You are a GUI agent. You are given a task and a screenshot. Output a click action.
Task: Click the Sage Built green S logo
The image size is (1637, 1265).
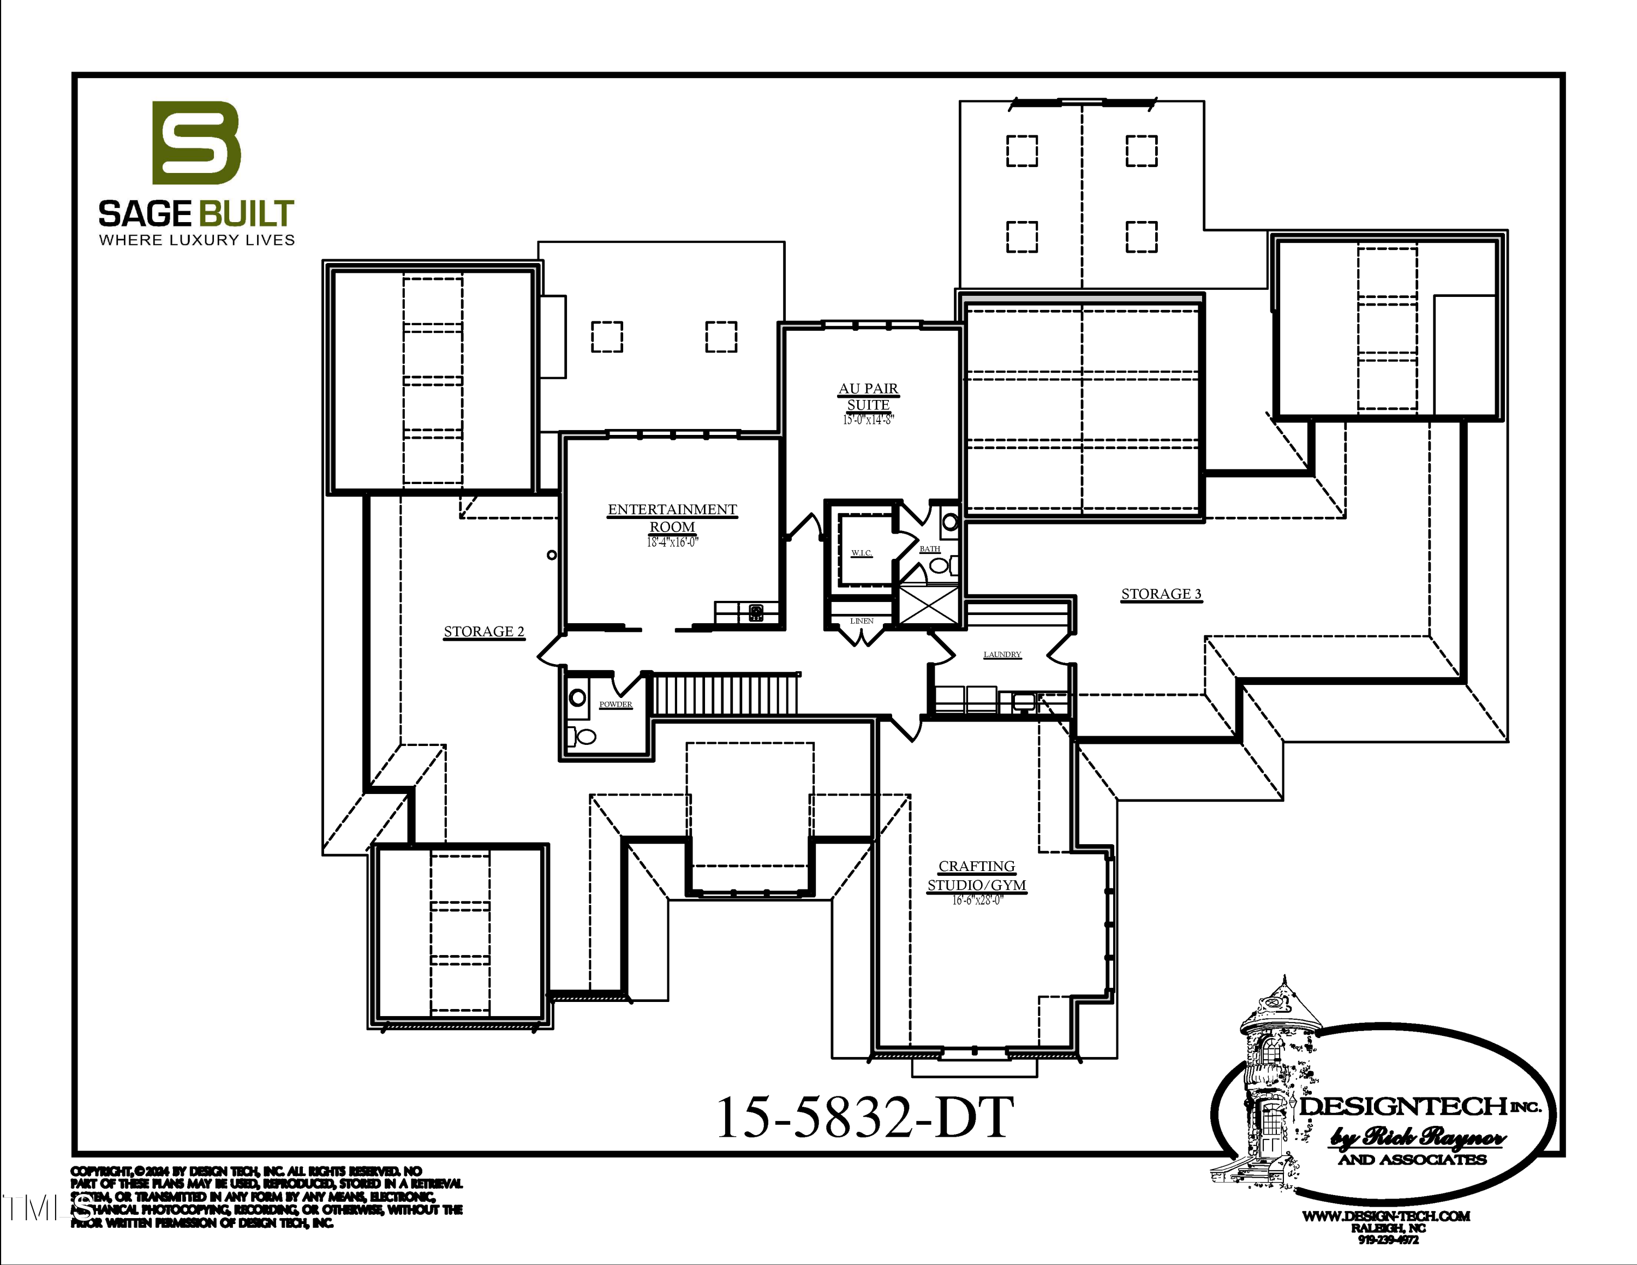click(x=196, y=142)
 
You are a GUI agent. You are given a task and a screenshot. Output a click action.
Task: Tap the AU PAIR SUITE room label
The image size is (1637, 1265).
click(x=868, y=396)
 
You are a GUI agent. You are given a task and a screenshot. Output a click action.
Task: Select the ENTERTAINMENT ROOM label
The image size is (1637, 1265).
click(x=672, y=518)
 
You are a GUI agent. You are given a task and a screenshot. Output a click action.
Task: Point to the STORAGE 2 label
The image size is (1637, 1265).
click(x=483, y=632)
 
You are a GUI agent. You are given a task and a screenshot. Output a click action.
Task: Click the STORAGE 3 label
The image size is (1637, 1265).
click(x=1161, y=594)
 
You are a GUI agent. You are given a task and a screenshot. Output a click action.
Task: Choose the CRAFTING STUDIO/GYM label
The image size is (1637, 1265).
click(x=977, y=875)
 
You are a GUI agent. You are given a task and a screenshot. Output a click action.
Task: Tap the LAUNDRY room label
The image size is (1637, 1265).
click(x=1002, y=654)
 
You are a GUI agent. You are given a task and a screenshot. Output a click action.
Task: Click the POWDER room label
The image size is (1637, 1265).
click(x=616, y=705)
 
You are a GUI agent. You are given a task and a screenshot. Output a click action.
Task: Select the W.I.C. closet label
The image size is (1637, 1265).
click(x=861, y=553)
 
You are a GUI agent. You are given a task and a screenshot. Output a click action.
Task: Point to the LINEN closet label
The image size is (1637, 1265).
click(x=861, y=620)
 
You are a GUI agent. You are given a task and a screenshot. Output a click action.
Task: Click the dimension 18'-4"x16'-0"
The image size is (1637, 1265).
click(x=672, y=542)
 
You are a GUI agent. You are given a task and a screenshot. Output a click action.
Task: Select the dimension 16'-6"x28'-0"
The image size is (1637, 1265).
click(x=977, y=900)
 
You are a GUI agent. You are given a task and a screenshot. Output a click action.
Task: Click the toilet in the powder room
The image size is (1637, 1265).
click(x=582, y=736)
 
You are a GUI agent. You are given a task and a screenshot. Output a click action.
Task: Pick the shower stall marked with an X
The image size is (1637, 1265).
click(x=928, y=606)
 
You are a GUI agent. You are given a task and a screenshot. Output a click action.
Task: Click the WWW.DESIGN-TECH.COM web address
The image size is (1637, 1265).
click(x=1386, y=1216)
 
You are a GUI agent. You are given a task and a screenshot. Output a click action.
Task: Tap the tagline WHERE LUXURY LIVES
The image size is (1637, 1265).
click(x=197, y=240)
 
